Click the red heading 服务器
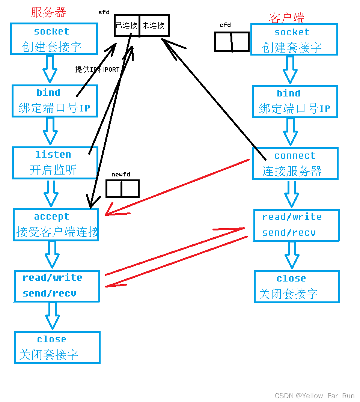coord(48,12)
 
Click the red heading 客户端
coord(286,18)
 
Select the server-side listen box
coord(55,163)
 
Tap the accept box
coord(56,224)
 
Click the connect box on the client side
coord(295,163)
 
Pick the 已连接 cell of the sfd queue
coord(127,26)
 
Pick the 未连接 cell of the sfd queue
coord(154,26)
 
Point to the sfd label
coord(104,12)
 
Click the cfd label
coord(225,25)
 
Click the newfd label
coord(121,174)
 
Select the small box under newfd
coord(122,188)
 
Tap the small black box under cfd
coord(232,42)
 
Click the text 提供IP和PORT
coord(97,70)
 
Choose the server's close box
coord(57,347)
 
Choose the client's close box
coord(297,286)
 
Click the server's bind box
coord(55,101)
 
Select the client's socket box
coord(294,39)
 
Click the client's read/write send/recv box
coord(296,225)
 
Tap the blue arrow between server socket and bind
coord(50,69)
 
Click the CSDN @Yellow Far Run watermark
coord(315,396)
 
